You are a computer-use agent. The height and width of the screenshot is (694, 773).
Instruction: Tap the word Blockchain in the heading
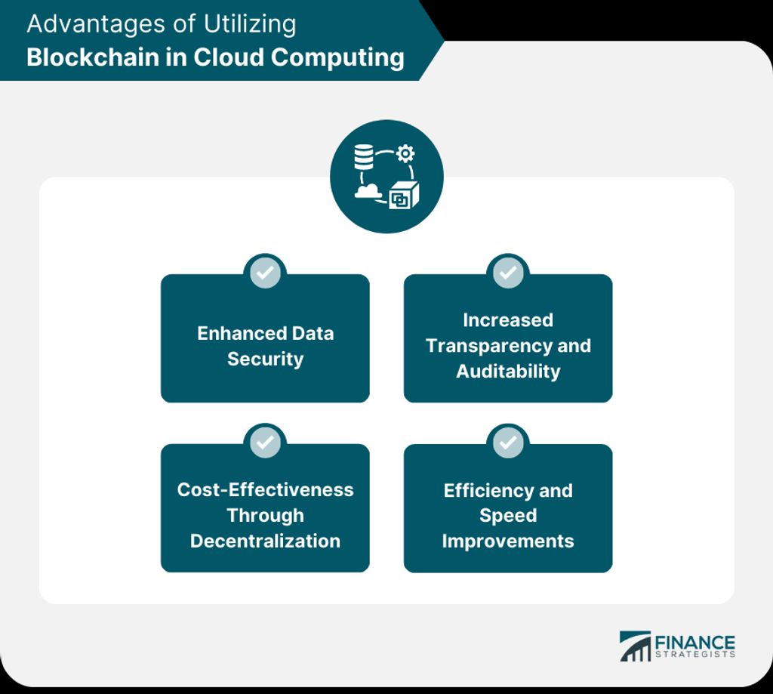pyautogui.click(x=92, y=57)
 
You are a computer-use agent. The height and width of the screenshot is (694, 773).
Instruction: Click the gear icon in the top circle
pyautogui.click(x=405, y=153)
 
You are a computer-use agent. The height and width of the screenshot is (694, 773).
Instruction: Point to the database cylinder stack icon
pyautogui.click(x=364, y=157)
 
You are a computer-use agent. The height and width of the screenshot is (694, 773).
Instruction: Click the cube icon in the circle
pyautogui.click(x=404, y=196)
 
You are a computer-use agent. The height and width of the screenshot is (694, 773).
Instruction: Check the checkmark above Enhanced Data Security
pyautogui.click(x=265, y=273)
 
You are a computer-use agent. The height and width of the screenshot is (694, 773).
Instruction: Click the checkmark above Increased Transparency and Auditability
pyautogui.click(x=508, y=273)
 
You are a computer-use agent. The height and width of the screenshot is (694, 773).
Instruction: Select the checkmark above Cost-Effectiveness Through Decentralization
pyautogui.click(x=265, y=442)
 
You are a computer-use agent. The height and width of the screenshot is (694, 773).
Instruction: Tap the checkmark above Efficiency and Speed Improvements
pyautogui.click(x=508, y=442)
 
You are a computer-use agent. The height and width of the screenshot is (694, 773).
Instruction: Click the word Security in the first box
pyautogui.click(x=265, y=359)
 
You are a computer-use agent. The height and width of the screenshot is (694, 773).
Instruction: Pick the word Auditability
pyautogui.click(x=508, y=372)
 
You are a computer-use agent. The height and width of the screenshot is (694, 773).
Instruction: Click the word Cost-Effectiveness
pyautogui.click(x=265, y=490)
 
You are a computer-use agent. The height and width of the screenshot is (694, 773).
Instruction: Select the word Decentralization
pyautogui.click(x=265, y=541)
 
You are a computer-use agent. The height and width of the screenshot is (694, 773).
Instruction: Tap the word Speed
pyautogui.click(x=508, y=516)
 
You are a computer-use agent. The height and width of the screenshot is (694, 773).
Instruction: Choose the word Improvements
pyautogui.click(x=508, y=541)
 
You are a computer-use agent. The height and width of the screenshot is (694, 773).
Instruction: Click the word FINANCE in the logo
pyautogui.click(x=694, y=643)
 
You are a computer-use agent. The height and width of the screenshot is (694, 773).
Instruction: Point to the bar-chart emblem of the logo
pyautogui.click(x=635, y=646)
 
